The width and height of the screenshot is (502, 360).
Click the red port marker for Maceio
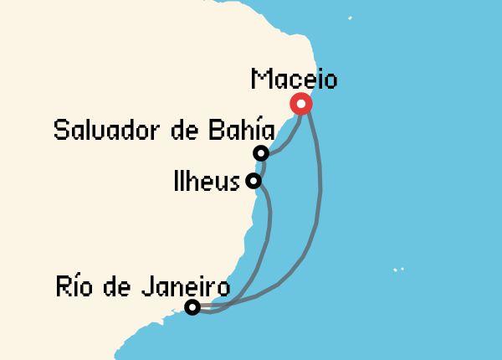[x=300, y=104]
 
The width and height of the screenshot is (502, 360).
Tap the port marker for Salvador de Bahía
[x=261, y=153]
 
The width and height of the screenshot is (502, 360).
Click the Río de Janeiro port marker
[x=192, y=307]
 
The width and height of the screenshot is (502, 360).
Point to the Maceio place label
[x=294, y=80]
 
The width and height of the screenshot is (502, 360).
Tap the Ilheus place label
[x=207, y=182]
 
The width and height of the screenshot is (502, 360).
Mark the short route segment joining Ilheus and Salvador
[x=257, y=167]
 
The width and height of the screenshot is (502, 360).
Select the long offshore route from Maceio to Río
[x=320, y=201]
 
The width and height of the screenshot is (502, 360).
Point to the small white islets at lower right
[x=397, y=270]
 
